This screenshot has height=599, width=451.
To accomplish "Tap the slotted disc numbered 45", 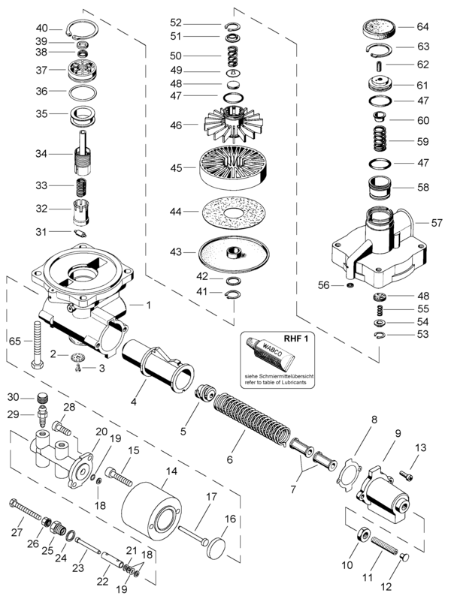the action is [233, 168].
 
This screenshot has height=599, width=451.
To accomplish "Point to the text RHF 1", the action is [296, 338].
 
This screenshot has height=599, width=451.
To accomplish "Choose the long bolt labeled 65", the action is [38, 345].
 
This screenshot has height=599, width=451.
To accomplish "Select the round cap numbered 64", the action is [378, 29].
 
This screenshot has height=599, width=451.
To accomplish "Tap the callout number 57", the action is [437, 223].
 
